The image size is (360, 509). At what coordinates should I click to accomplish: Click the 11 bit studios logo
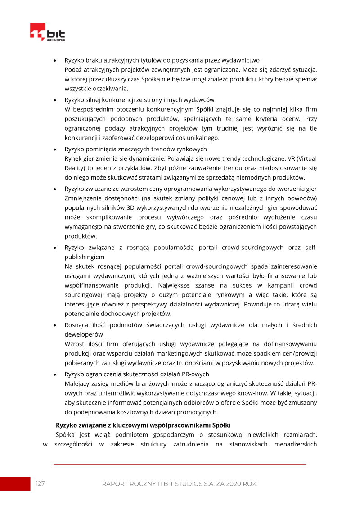pos(47,32)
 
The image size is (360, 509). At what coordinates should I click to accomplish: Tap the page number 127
pos(40,483)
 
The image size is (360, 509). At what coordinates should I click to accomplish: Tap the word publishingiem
pos(85,257)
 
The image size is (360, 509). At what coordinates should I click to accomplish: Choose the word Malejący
pos(77,383)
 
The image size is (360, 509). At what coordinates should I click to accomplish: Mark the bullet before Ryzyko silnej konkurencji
pos(54,100)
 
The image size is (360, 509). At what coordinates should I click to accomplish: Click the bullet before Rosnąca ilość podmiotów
pos(54,325)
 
